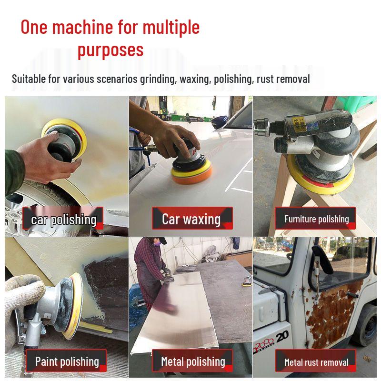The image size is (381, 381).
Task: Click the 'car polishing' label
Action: pyautogui.click(x=63, y=219)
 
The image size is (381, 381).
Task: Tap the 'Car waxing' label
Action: pyautogui.click(x=191, y=219)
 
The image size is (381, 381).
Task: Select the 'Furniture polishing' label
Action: pyautogui.click(x=316, y=219)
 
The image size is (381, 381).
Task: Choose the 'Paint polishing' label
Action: pyautogui.click(x=67, y=361)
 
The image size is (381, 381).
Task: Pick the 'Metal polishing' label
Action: pyautogui.click(x=193, y=361)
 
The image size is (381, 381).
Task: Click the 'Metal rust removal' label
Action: pyautogui.click(x=316, y=362)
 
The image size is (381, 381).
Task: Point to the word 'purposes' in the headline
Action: pyautogui.click(x=110, y=49)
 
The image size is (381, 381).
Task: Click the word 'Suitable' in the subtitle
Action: pyautogui.click(x=29, y=79)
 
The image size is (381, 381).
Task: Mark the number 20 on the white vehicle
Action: pyautogui.click(x=281, y=336)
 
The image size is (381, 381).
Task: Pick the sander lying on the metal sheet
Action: pyautogui.click(x=247, y=281)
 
